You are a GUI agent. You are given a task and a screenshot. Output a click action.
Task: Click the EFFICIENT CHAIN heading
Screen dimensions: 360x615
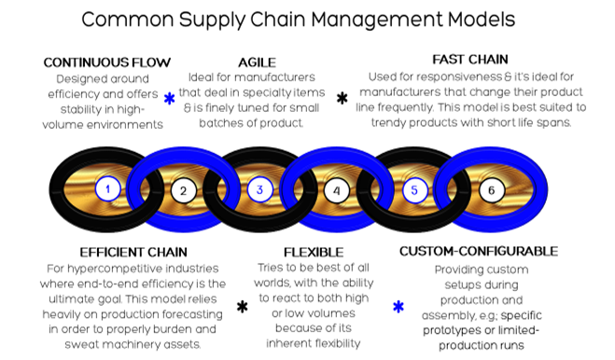133,252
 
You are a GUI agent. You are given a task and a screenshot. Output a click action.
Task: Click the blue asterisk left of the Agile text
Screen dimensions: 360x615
169,99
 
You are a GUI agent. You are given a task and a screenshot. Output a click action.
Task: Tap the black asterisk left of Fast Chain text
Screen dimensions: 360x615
341,98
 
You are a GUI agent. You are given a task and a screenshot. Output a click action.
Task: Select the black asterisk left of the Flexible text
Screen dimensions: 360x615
242,306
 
